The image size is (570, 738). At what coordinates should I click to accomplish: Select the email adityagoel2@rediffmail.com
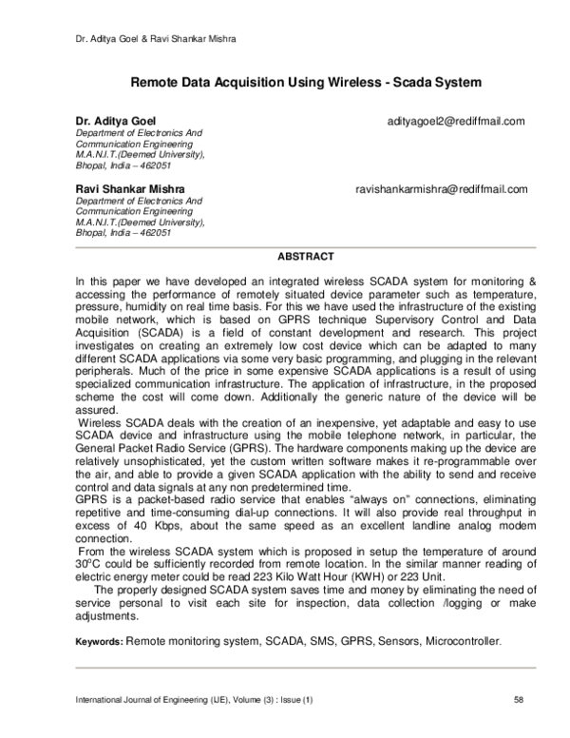tap(456, 122)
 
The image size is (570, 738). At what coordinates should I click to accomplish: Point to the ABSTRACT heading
tap(305, 257)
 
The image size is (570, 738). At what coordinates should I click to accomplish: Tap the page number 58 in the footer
tap(519, 701)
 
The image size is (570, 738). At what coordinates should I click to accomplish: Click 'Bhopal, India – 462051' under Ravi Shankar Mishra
tap(123, 233)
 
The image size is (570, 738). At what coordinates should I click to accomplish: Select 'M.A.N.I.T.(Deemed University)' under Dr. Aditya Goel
tap(139, 154)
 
